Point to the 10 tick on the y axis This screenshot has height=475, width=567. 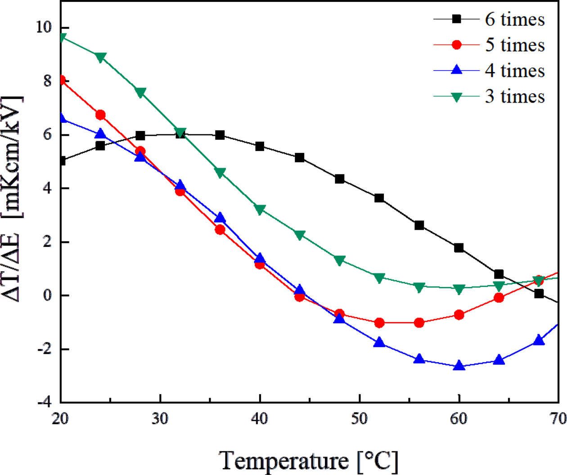click(x=44, y=27)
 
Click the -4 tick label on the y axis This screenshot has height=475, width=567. click(x=44, y=402)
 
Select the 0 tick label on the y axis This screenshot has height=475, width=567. click(x=47, y=296)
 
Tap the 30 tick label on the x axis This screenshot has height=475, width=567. click(x=160, y=419)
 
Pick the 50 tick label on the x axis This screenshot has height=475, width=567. click(x=360, y=419)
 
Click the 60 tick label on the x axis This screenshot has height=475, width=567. click(x=459, y=419)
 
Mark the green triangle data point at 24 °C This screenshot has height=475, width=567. click(x=100, y=57)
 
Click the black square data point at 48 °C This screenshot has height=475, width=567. click(x=340, y=179)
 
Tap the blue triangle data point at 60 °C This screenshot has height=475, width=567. click(x=459, y=366)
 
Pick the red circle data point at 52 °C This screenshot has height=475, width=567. click(x=379, y=323)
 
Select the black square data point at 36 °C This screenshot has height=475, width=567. click(x=220, y=135)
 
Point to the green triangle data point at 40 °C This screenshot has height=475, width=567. click(x=260, y=210)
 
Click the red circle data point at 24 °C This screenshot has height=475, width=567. click(x=100, y=115)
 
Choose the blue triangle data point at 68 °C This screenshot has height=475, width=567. click(x=539, y=341)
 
